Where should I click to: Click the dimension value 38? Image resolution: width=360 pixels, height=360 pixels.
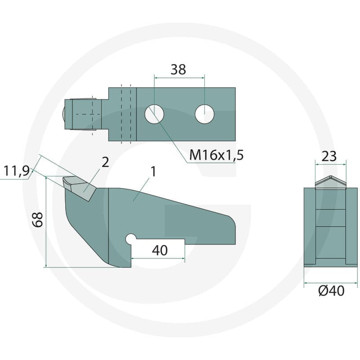tap(178, 70)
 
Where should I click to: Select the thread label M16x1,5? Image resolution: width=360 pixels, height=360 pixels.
tap(216, 155)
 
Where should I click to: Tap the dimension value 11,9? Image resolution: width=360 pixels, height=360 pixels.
tap(17, 171)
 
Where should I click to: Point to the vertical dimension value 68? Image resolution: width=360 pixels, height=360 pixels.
tap(37, 220)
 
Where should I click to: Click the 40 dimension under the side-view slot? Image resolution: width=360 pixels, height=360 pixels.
tap(160, 251)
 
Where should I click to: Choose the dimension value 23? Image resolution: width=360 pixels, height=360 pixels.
tap(329, 156)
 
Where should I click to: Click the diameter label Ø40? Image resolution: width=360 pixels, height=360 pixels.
tap(331, 291)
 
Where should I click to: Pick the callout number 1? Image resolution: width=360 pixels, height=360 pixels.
tap(153, 172)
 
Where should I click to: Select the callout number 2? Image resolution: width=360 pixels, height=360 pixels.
tap(105, 162)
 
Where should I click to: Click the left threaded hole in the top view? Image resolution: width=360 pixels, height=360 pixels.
tap(154, 114)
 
